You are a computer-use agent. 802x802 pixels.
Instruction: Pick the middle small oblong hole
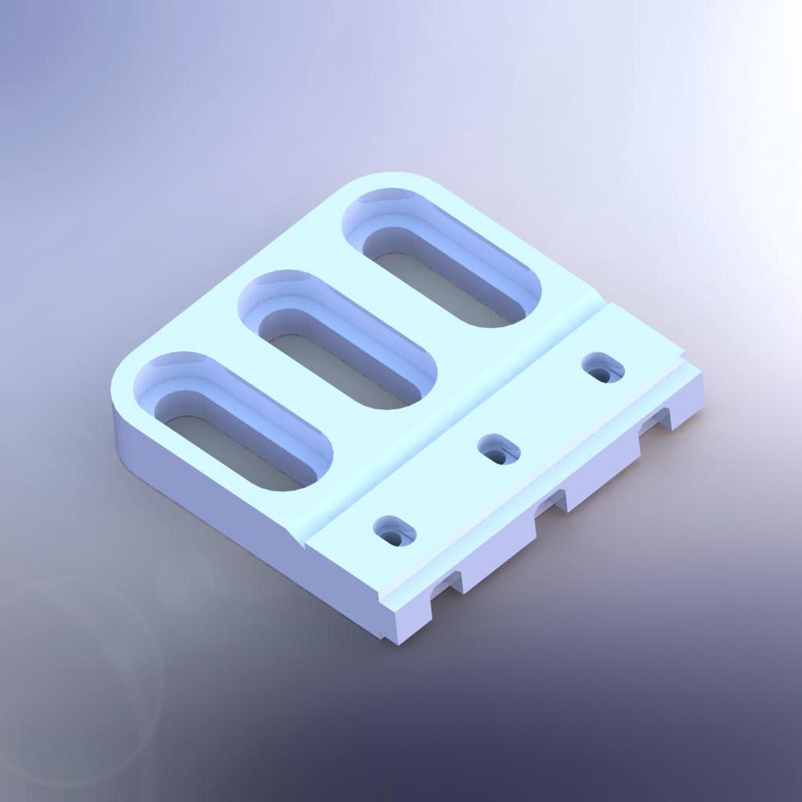[500, 450]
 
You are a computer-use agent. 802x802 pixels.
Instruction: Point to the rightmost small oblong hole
[603, 367]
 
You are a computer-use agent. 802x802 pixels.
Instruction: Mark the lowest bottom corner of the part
[396, 638]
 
